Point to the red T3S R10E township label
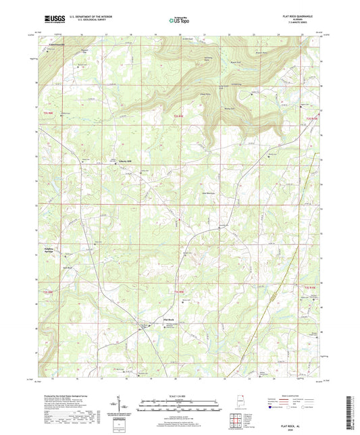[x=310, y=288]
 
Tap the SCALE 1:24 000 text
[x=179, y=394]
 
